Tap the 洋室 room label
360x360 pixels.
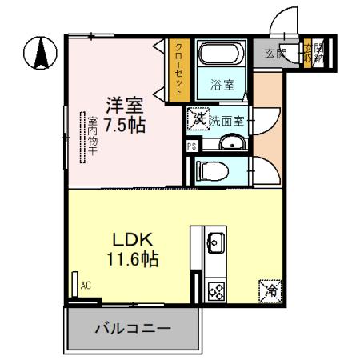(126, 104)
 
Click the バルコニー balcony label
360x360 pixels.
(130, 328)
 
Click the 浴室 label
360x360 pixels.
(222, 84)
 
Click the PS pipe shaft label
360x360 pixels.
(191, 146)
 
